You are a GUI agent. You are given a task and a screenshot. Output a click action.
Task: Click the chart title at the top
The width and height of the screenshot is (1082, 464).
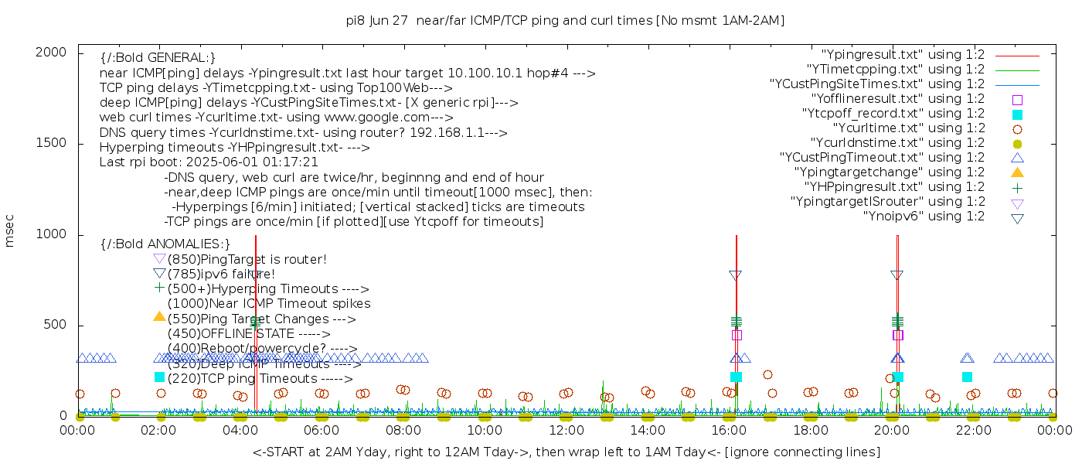pos(565,21)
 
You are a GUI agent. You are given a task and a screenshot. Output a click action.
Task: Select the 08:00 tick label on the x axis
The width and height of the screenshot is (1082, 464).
pos(403,430)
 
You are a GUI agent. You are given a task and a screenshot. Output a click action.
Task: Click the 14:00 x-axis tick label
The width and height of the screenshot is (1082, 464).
pos(647,430)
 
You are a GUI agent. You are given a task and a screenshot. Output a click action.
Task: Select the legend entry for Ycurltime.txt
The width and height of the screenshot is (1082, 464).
pos(908,128)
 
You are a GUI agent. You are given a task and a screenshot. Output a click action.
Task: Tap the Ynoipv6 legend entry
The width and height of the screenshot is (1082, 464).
pos(924,217)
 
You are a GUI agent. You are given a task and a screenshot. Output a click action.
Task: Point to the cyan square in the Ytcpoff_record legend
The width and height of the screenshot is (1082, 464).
pos(1017,114)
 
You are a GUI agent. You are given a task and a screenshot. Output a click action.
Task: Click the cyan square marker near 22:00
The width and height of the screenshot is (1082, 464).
pos(967,377)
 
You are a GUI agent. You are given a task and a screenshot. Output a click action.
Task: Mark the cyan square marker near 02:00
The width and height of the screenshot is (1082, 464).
pos(159,377)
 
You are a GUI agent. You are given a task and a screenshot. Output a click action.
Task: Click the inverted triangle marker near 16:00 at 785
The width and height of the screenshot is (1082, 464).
pos(736,275)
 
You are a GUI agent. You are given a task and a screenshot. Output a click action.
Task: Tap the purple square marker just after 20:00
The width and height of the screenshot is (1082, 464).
pos(898,335)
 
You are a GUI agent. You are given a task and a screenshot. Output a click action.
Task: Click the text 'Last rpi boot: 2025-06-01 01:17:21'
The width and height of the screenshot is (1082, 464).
pos(209,162)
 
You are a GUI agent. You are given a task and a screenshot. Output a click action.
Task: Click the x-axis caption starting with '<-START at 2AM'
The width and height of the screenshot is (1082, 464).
pos(566,452)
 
